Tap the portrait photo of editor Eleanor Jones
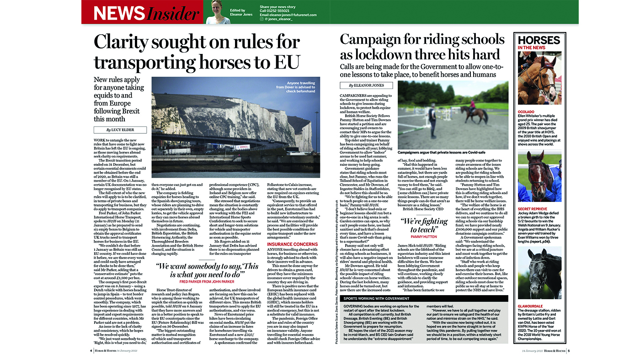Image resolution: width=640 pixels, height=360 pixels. (x=218, y=12)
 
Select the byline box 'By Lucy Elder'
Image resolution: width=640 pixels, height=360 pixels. (x=120, y=130)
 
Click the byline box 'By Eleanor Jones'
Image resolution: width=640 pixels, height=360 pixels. (x=366, y=85)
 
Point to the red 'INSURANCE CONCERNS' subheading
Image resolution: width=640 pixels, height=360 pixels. (x=292, y=244)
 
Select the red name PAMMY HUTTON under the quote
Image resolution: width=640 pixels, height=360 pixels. (x=424, y=237)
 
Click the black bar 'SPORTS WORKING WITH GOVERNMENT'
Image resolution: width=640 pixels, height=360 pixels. (x=424, y=298)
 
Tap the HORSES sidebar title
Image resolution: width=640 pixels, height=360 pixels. (x=539, y=40)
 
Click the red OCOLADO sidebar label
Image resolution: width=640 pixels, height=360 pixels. (x=526, y=111)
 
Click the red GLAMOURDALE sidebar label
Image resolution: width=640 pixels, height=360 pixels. (x=530, y=306)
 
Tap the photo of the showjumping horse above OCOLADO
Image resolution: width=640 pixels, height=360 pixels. (x=539, y=78)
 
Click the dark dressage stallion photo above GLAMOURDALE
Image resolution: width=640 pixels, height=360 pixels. (x=539, y=273)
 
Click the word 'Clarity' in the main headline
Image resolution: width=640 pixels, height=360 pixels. (x=127, y=42)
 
